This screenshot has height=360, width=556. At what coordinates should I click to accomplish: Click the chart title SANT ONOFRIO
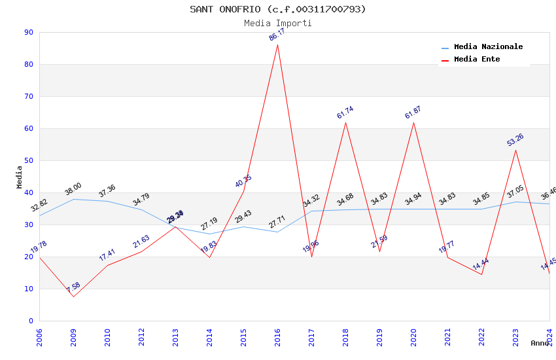pos(278,9)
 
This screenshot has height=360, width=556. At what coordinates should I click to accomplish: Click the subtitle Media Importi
pos(278,23)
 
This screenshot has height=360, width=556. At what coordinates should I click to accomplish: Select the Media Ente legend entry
pos(477,60)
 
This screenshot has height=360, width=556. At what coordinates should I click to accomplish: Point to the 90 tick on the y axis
pos(28,32)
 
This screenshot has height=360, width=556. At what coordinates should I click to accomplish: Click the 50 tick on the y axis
pos(28,160)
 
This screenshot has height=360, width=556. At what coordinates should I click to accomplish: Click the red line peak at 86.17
pos(278,45)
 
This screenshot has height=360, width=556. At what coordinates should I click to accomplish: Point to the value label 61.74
pos(345,113)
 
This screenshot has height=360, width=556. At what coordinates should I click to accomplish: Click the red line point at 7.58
pos(73,297)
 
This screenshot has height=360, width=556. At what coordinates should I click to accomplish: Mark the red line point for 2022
pos(481,274)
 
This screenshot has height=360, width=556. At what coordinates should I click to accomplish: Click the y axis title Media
pos(20,177)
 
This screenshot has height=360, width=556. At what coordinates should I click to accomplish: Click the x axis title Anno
pos(540,343)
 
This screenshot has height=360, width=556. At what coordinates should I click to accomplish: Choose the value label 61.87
pos(413,113)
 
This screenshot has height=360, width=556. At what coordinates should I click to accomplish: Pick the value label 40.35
pos(243,181)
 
